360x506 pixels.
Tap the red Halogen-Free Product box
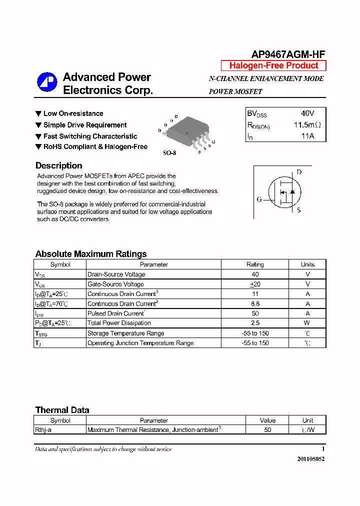pos(273,65)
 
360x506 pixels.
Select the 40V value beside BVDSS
pos(307,113)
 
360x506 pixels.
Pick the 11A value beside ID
pos(307,136)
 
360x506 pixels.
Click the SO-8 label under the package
pos(169,153)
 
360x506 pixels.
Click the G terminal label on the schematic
pos(259,199)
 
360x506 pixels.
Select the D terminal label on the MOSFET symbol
pos(299,172)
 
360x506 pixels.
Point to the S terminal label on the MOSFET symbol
pos(299,210)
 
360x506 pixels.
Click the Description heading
pos(58,165)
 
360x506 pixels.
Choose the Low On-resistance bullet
pos(73,113)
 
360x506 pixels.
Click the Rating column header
pos(255,264)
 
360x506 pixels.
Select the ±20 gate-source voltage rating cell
pos(255,284)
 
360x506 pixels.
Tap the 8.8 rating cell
pos(255,303)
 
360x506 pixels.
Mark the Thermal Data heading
pos(62,410)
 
